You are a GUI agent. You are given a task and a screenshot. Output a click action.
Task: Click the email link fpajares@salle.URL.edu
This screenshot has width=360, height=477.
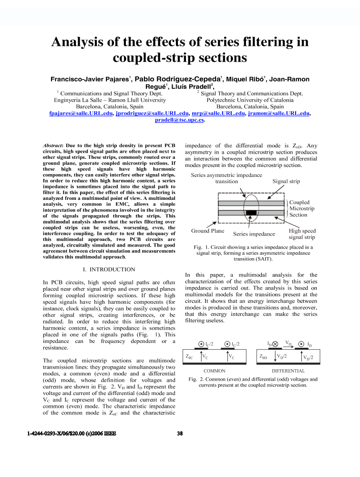click(81, 114)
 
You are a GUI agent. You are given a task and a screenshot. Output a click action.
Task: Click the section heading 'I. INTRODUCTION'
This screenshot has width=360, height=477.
click(109, 270)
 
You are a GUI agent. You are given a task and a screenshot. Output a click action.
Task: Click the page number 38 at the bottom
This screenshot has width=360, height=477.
click(180, 434)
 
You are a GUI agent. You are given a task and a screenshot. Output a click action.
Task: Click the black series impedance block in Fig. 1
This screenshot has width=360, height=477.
click(251, 213)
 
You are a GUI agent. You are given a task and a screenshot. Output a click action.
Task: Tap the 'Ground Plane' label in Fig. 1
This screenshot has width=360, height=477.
click(207, 231)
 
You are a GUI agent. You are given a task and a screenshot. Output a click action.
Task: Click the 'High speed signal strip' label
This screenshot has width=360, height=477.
click(302, 234)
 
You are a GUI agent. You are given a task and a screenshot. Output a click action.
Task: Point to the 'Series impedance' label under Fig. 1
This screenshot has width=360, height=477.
click(254, 234)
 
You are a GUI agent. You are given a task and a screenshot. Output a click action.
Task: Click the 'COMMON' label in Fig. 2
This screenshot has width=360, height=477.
click(214, 371)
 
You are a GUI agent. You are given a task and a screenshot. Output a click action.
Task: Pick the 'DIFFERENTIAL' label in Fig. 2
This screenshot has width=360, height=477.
click(288, 371)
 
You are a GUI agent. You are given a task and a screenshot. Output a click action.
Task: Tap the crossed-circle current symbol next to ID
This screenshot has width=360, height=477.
click(275, 344)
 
